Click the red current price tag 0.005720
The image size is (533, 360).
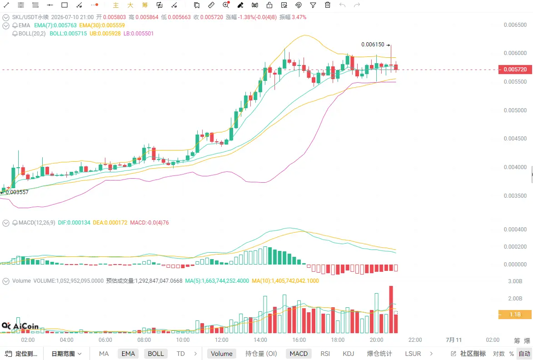click(x=515, y=70)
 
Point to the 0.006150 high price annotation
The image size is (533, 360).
click(x=373, y=45)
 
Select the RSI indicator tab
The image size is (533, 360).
click(x=325, y=354)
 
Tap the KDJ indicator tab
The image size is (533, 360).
click(x=349, y=354)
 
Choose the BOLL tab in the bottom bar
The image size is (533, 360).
click(x=156, y=354)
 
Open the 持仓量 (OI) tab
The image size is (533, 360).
click(x=261, y=354)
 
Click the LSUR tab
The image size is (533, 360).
click(x=413, y=354)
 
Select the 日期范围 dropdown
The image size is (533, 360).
click(x=66, y=354)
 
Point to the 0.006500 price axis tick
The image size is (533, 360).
click(x=515, y=25)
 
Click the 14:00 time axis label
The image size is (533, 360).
click(x=260, y=340)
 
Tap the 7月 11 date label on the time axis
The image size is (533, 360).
click(x=453, y=340)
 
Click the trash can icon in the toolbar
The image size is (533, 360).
click(x=327, y=5)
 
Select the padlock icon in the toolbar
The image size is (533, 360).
click(x=269, y=5)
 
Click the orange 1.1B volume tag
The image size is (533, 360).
click(x=515, y=315)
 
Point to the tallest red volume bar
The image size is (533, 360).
click(x=391, y=310)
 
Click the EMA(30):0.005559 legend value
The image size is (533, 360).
click(x=102, y=25)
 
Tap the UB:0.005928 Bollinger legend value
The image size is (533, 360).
click(x=105, y=34)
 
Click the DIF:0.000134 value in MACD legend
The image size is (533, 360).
click(x=74, y=223)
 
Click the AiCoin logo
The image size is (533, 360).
click(x=20, y=326)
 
